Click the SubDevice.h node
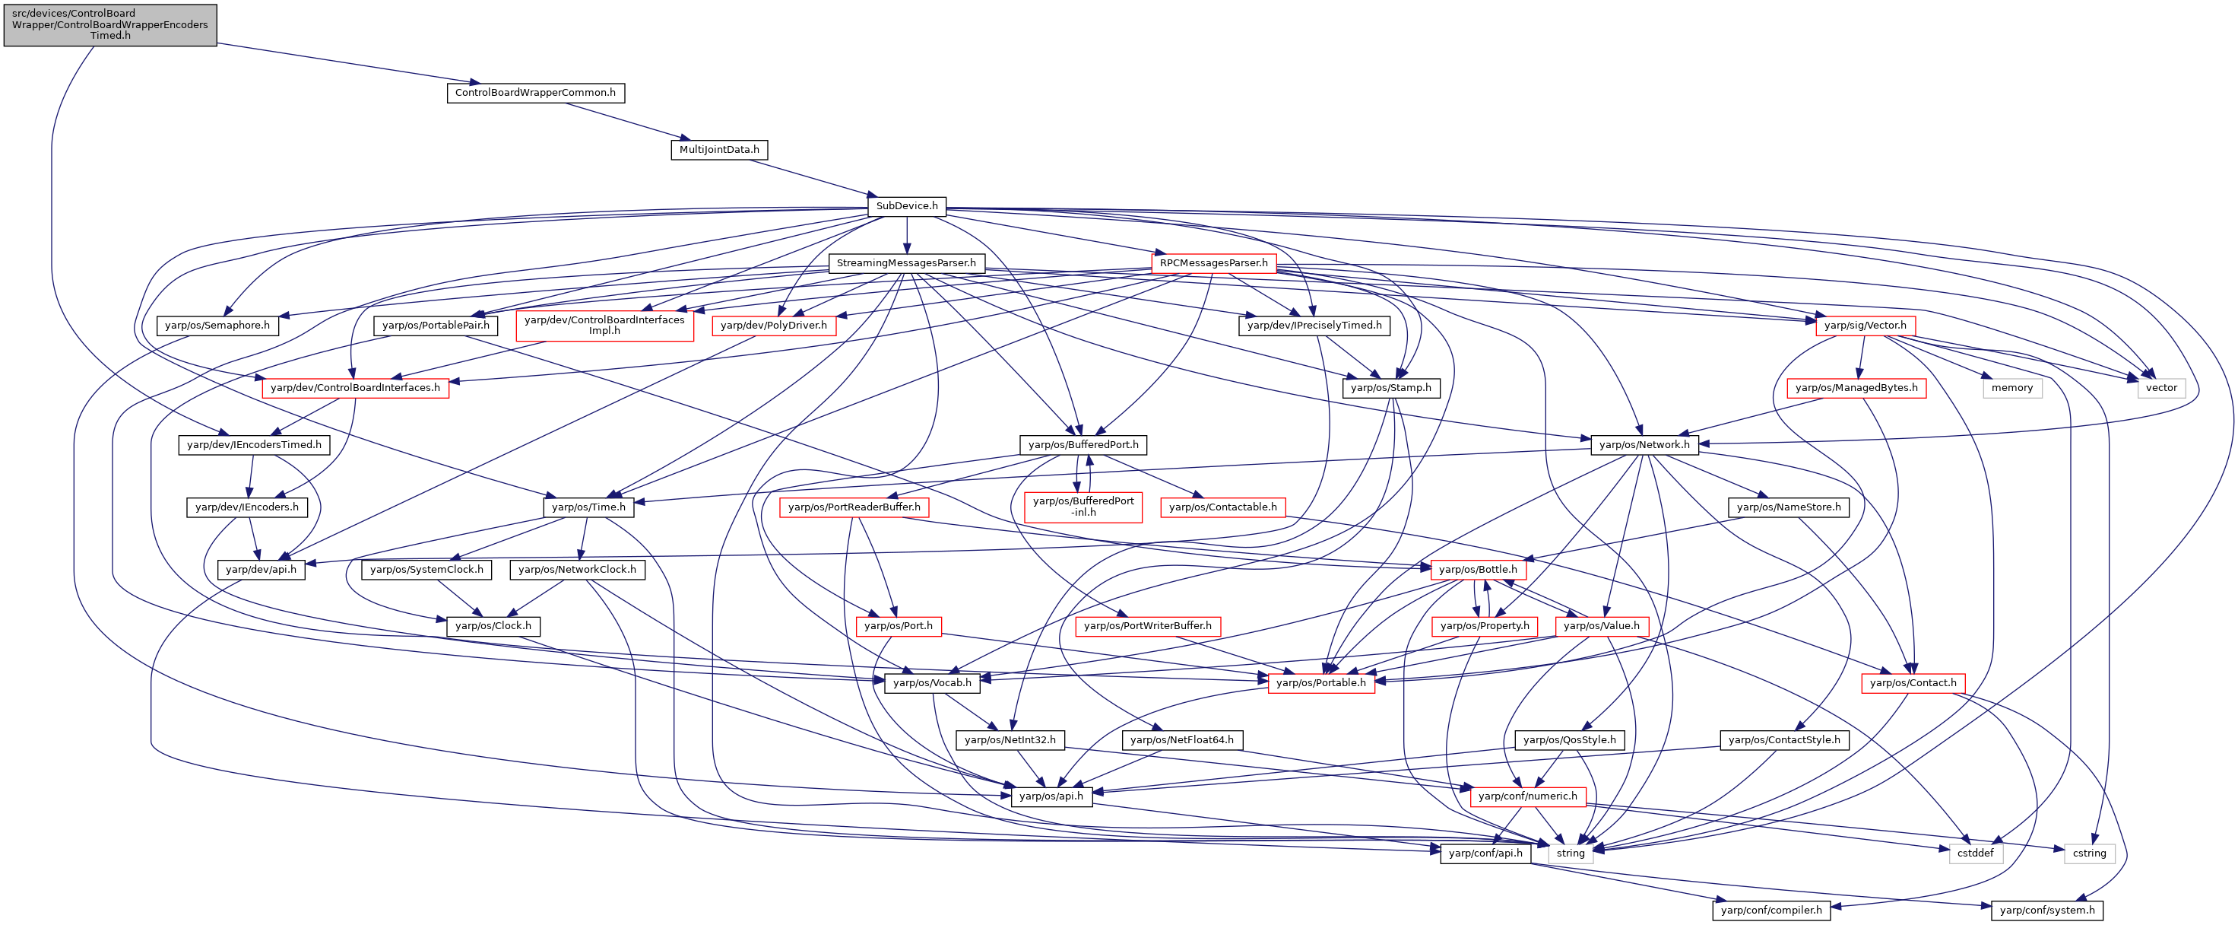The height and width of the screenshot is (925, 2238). [907, 206]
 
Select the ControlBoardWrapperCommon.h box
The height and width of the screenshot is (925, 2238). [535, 92]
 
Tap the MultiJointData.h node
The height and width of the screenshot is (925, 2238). [719, 150]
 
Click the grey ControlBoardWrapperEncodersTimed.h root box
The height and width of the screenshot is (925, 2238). [110, 24]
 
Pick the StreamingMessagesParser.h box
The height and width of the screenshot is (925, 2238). [906, 262]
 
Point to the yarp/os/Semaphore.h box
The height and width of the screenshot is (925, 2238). [217, 325]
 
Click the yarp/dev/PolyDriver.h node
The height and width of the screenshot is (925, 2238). [774, 325]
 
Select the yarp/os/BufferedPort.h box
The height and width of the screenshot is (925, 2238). [1083, 444]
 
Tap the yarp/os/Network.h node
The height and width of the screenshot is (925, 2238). [1644, 444]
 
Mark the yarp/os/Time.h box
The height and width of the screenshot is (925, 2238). [589, 507]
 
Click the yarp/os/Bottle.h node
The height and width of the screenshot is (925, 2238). [1478, 570]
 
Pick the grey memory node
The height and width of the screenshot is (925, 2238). [2012, 388]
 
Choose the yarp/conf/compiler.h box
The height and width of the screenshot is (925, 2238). [1771, 911]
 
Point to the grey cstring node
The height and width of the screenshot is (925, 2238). [2090, 853]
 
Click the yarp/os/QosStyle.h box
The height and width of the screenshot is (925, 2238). [1570, 740]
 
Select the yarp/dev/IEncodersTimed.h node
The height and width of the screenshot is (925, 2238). [254, 444]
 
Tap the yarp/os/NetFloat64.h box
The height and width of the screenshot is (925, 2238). [1182, 740]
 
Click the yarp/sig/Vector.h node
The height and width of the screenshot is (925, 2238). [1866, 325]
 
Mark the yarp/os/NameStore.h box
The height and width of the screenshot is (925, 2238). [1789, 507]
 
